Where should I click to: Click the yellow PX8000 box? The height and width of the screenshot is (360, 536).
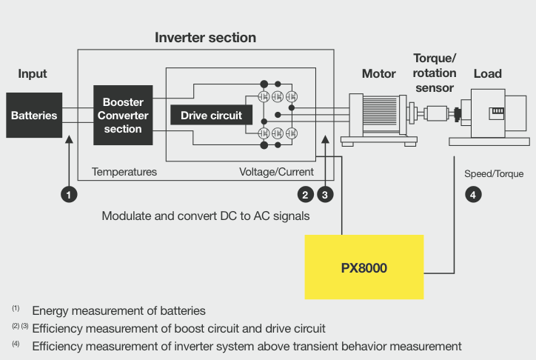[364, 267]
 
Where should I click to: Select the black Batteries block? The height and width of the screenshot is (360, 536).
[34, 116]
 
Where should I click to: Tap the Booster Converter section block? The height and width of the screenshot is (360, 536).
[123, 115]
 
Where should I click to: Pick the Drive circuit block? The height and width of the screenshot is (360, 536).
[211, 116]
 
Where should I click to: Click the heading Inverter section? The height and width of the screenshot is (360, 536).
[205, 37]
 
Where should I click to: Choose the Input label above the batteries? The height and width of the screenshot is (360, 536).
[33, 73]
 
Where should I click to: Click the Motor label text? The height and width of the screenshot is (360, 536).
[379, 73]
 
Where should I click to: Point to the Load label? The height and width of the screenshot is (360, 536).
[487, 73]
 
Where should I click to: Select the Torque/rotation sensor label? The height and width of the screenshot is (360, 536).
[435, 73]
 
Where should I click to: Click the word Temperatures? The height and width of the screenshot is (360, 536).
[124, 172]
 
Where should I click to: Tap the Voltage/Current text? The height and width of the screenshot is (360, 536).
[276, 172]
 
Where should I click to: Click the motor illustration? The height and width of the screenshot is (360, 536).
[376, 117]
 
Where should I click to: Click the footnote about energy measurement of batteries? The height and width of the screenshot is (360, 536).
[118, 310]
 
